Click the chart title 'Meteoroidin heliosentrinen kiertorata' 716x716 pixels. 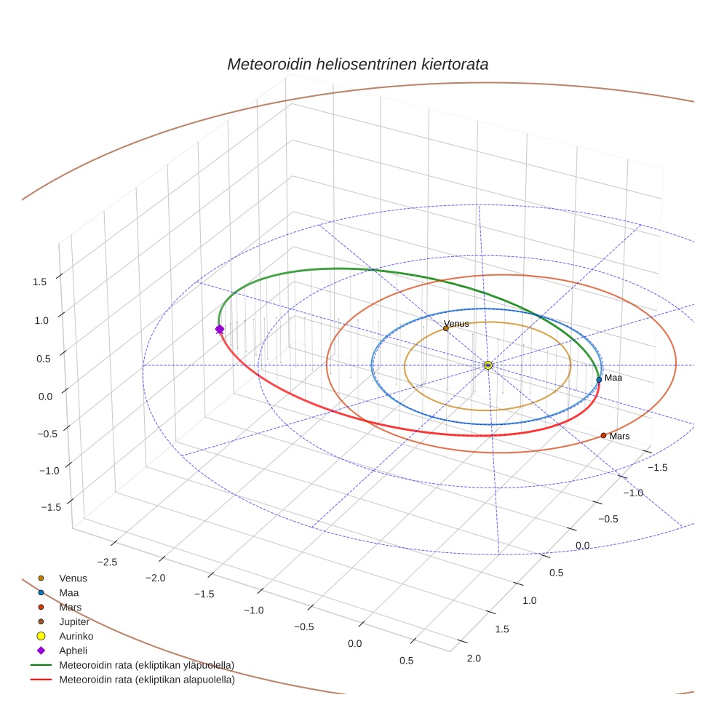[x=357, y=64]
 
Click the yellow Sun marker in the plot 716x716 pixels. [x=488, y=365]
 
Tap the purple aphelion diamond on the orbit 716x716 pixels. [x=220, y=330]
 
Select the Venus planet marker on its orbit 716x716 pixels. [x=445, y=328]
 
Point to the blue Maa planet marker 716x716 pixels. [x=599, y=379]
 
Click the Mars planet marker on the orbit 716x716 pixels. [x=603, y=435]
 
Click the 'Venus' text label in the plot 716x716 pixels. [x=457, y=324]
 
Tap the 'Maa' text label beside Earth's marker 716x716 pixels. [x=613, y=378]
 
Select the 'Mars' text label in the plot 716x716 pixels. [x=620, y=436]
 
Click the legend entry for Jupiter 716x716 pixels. [x=74, y=621]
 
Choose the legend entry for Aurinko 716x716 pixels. [x=75, y=636]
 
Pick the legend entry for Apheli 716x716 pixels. [x=73, y=651]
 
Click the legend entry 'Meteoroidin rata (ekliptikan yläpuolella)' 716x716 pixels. [x=146, y=665]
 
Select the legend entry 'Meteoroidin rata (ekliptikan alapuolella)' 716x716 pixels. [x=146, y=680]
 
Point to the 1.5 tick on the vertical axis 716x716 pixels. [x=40, y=282]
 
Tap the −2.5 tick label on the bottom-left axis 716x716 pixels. [x=106, y=562]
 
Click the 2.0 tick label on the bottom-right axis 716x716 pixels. [x=473, y=659]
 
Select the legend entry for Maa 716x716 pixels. [x=68, y=592]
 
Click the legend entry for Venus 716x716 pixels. [x=73, y=578]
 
